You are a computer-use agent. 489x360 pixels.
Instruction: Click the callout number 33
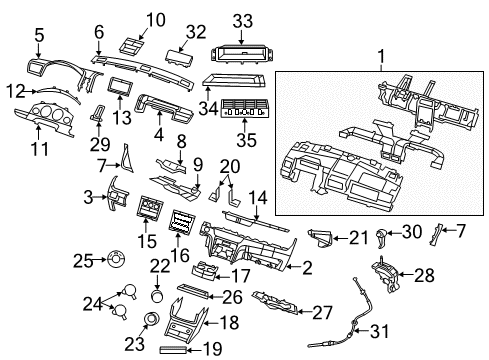click(x=243, y=21)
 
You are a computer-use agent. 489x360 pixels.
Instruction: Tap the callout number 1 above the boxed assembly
click(x=381, y=57)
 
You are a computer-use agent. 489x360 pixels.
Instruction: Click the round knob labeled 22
click(x=157, y=296)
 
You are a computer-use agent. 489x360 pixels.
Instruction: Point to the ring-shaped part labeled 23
click(x=153, y=318)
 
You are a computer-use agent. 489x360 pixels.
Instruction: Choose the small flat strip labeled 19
click(x=173, y=350)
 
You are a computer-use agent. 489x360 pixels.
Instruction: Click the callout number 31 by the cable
click(x=380, y=331)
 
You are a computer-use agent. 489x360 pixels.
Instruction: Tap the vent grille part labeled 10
click(x=132, y=46)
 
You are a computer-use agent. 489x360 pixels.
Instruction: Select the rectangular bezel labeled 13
click(x=120, y=86)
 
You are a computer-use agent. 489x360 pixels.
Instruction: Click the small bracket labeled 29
click(x=98, y=112)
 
